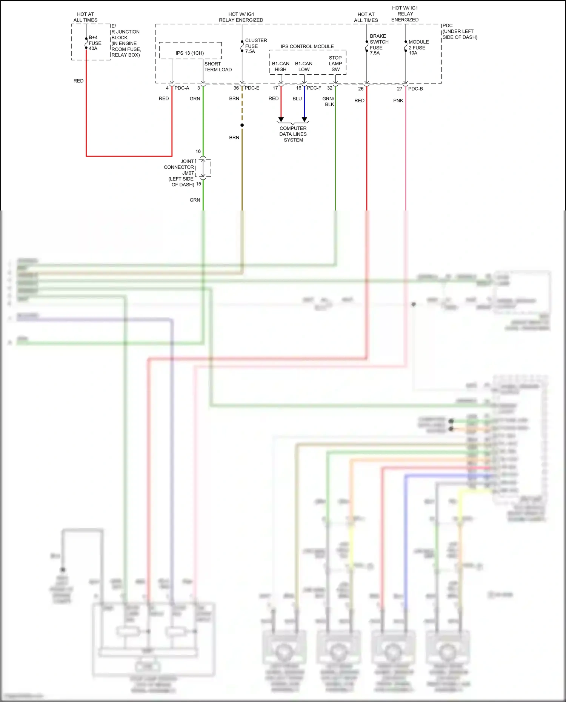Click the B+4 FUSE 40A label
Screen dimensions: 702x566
(x=95, y=43)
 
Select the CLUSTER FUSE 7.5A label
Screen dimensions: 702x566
(x=255, y=46)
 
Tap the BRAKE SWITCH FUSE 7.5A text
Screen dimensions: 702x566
(x=378, y=45)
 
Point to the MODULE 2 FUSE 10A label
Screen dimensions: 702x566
(x=418, y=48)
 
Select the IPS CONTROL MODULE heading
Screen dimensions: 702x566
(x=307, y=46)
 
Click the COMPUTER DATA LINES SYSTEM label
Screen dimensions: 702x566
(x=293, y=134)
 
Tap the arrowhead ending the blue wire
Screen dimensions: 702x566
(x=305, y=119)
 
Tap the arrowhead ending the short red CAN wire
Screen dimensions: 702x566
(x=281, y=119)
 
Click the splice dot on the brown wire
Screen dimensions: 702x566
(x=242, y=125)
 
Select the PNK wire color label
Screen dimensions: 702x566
(x=398, y=101)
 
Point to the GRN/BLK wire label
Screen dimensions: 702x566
(x=328, y=101)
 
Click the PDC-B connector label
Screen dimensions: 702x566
(x=415, y=89)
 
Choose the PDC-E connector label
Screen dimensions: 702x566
(x=252, y=88)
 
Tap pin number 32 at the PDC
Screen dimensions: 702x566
(x=329, y=88)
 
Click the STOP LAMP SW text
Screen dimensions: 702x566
(x=335, y=63)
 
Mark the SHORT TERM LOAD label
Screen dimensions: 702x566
(x=218, y=67)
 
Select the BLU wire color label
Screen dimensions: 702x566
(x=297, y=98)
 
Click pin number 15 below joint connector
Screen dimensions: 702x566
(x=198, y=184)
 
